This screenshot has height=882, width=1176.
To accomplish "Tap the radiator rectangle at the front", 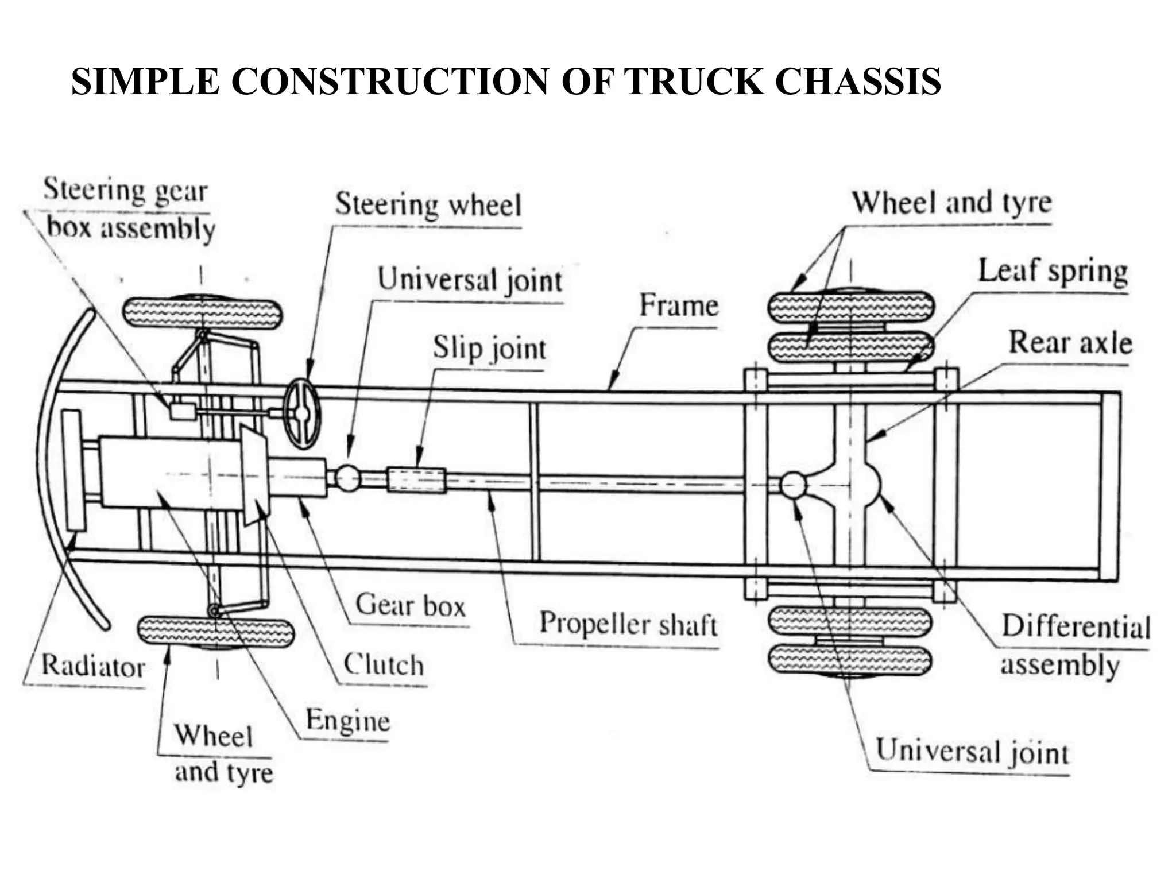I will pyautogui.click(x=73, y=470).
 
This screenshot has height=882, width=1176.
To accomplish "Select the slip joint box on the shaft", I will pyautogui.click(x=416, y=479).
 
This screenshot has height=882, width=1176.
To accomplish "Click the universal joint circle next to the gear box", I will pyautogui.click(x=347, y=478).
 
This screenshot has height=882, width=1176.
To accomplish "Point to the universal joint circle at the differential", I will pyautogui.click(x=793, y=485).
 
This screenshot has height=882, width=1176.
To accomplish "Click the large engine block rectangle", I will pyautogui.click(x=171, y=473).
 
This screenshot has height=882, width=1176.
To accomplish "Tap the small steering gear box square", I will pyautogui.click(x=183, y=411).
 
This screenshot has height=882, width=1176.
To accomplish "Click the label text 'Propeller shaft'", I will pyautogui.click(x=628, y=624).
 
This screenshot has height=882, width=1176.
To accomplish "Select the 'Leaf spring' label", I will pyautogui.click(x=1053, y=271).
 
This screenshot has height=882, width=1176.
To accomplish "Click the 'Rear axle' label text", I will pyautogui.click(x=1070, y=343).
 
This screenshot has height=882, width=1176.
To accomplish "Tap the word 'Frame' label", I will pyautogui.click(x=679, y=305).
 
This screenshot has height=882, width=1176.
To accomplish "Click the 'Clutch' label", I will pyautogui.click(x=384, y=664).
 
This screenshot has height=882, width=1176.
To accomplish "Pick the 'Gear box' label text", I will pyautogui.click(x=410, y=605).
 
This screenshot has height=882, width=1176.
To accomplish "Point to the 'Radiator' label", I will pyautogui.click(x=93, y=667).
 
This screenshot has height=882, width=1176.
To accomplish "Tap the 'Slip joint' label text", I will pyautogui.click(x=489, y=348).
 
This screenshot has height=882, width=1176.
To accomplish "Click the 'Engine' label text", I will pyautogui.click(x=347, y=720).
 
